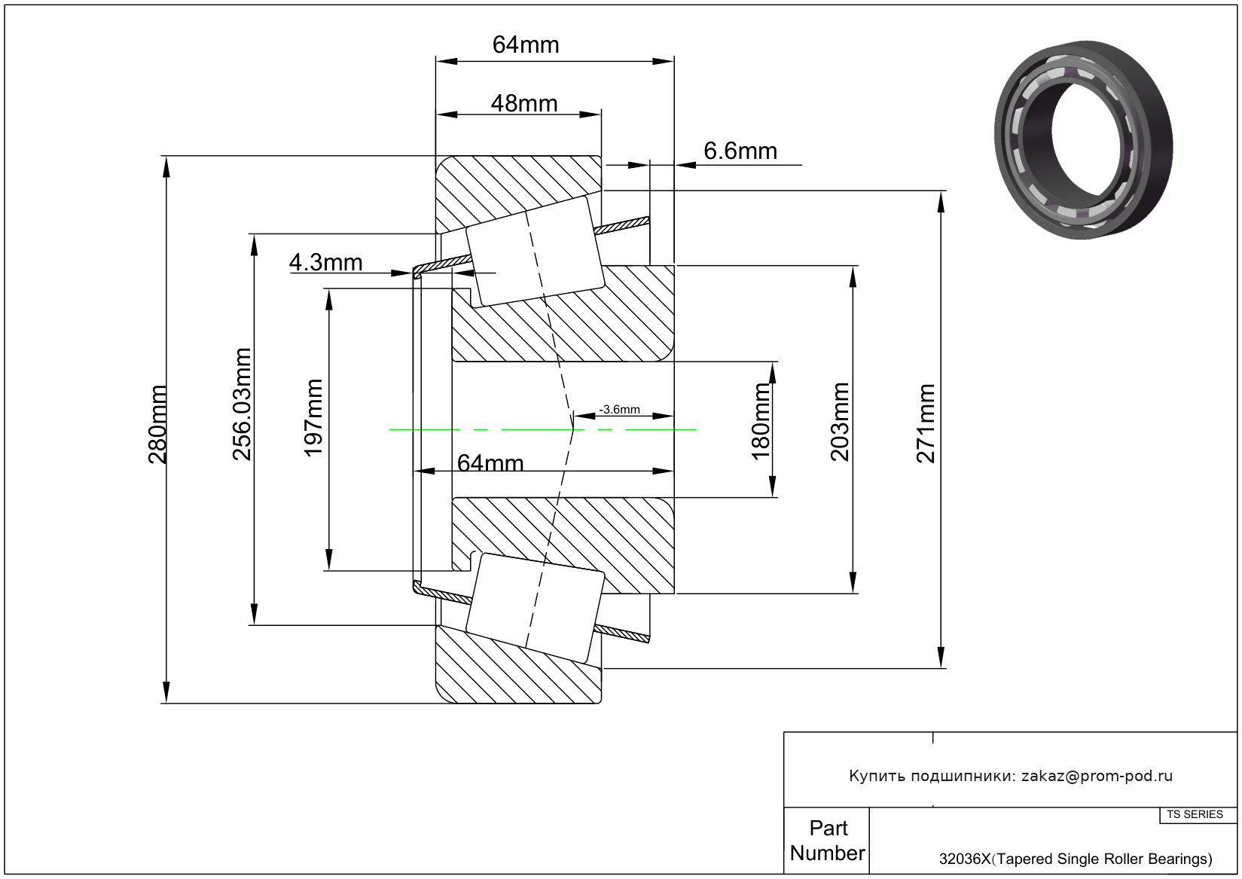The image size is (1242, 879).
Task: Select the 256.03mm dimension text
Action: (241, 404)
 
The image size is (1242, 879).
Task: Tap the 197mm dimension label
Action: (313, 417)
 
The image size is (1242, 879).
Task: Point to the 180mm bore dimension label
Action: (761, 420)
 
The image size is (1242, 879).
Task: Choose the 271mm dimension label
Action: (926, 423)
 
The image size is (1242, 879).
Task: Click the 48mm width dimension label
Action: (524, 103)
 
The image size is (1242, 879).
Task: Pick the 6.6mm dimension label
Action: (740, 151)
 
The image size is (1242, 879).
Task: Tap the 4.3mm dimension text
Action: (325, 262)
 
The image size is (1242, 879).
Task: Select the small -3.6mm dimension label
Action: (619, 410)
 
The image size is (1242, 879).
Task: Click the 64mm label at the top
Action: (526, 45)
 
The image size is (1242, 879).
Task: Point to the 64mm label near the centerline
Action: (490, 462)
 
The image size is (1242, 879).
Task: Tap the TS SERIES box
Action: (1195, 814)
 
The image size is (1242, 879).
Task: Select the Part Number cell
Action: (827, 841)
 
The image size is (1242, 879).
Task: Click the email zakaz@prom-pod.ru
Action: (1097, 776)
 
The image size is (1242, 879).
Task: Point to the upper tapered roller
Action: (535, 252)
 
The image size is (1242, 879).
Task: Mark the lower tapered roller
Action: (535, 607)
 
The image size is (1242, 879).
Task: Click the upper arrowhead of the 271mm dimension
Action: (941, 201)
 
